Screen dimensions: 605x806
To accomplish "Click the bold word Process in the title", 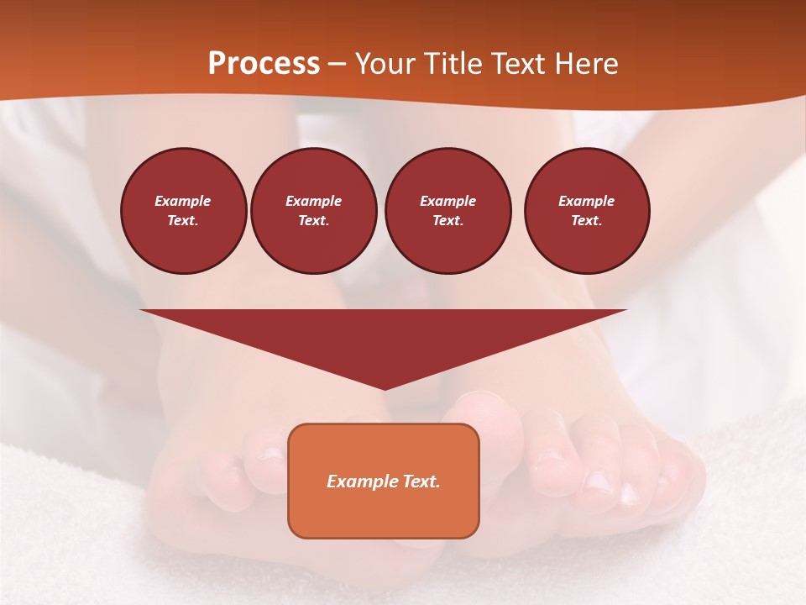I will coord(264,64).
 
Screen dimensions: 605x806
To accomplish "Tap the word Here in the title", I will coord(585,64).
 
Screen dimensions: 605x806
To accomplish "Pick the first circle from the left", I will coord(183,211).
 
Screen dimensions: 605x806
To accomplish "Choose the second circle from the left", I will coord(314,211).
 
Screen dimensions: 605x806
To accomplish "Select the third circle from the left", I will coord(447,211).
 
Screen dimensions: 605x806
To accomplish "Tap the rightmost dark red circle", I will coord(587,211).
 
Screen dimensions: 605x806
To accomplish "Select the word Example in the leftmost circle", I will coord(183,201).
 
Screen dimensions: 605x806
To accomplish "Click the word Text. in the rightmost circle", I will coord(587,220).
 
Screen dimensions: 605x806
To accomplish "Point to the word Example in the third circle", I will coord(447,201).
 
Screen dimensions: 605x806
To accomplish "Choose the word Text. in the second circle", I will coord(314,220).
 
